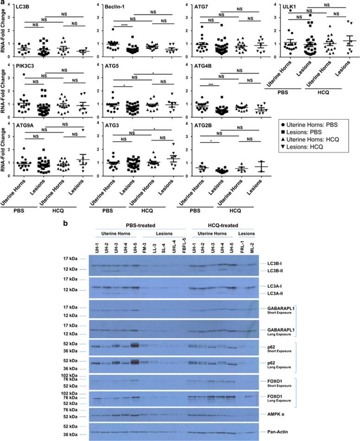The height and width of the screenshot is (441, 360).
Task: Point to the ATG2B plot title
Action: click(198, 131)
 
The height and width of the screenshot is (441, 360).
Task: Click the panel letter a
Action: click(3, 3)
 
